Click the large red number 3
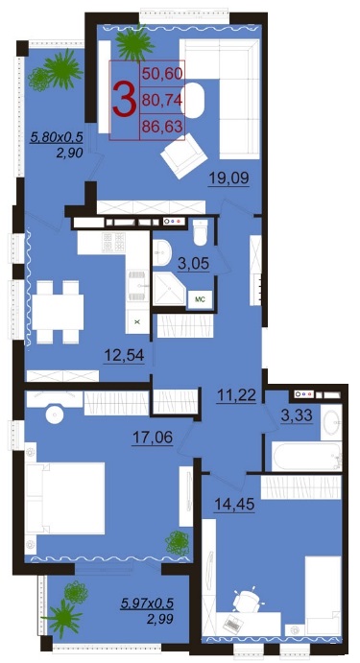(125, 100)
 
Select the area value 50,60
(162, 74)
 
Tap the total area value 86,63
(162, 127)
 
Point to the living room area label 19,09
(228, 178)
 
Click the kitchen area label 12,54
(125, 355)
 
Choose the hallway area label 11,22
(236, 395)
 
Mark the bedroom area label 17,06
(153, 438)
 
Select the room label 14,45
(234, 505)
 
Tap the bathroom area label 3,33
(297, 414)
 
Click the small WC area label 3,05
(194, 264)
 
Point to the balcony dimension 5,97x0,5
(147, 603)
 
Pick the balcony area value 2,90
(69, 153)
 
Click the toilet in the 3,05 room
(201, 231)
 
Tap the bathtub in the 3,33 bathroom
(306, 456)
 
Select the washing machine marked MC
(200, 299)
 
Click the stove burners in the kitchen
(114, 243)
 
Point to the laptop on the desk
(232, 624)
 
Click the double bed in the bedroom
(64, 498)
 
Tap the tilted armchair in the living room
(184, 155)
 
